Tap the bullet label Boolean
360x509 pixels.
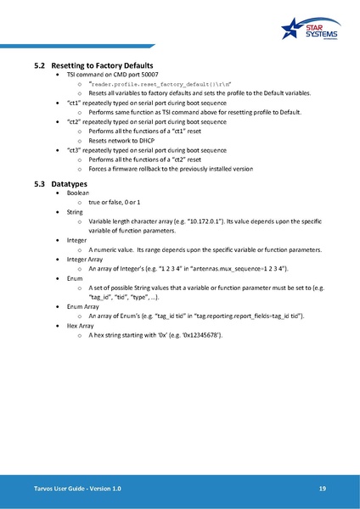(x=80, y=193)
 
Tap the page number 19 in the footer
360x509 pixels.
(x=323, y=489)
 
